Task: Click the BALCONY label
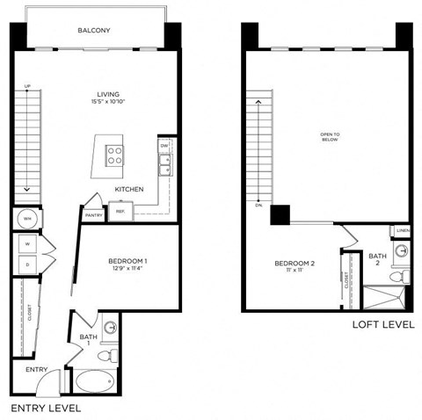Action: (94, 31)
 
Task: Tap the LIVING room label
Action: (109, 95)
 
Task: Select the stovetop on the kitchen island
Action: (114, 156)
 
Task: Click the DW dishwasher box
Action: (164, 146)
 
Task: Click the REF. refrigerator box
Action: (120, 212)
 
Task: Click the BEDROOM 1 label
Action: (127, 261)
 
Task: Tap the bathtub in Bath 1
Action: (94, 382)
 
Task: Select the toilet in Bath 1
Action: (106, 356)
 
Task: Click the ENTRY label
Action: (36, 370)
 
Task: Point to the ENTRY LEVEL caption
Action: (45, 409)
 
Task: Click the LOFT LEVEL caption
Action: (382, 324)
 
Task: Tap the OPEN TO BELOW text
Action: (330, 137)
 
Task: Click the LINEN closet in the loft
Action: (403, 231)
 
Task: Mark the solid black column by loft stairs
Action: (280, 215)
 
